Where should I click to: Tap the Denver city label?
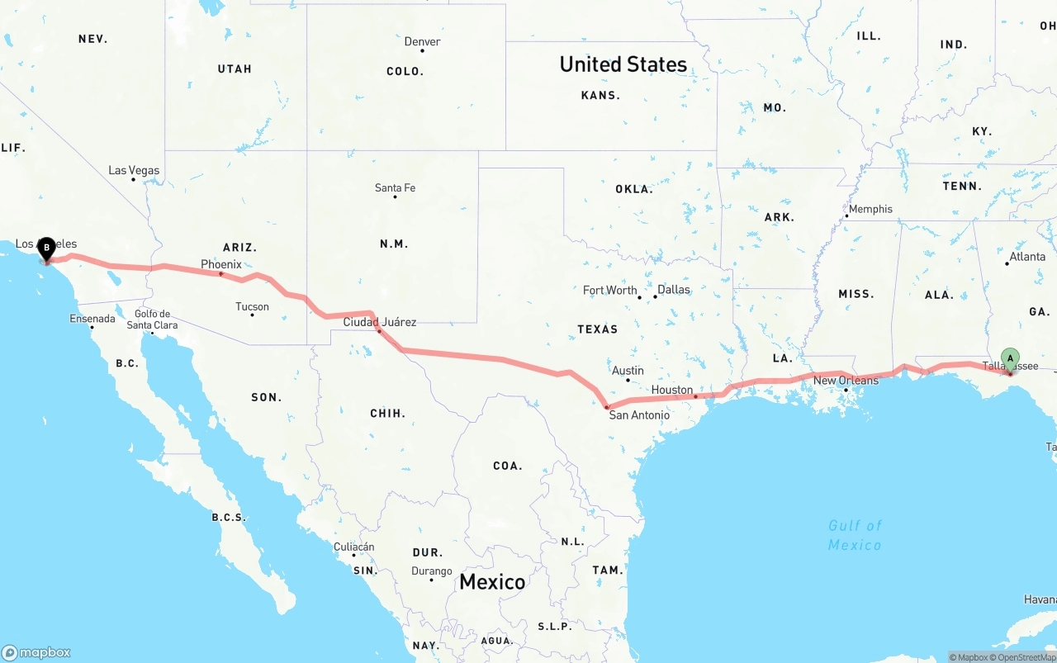422,41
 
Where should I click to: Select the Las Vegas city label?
134,170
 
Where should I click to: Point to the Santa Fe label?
395,187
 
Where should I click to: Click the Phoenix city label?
221,264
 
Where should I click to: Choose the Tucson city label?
252,306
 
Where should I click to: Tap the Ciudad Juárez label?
380,322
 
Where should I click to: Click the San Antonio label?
639,414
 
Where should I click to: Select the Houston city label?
672,390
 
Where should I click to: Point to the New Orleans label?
846,381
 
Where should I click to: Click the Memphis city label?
870,209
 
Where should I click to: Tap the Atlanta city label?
1027,256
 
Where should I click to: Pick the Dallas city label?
674,290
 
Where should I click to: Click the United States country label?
623,64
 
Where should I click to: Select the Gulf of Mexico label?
855,535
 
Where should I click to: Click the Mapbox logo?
36,652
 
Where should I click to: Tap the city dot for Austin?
628,380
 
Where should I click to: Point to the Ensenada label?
92,319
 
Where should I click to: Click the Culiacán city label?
353,547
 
